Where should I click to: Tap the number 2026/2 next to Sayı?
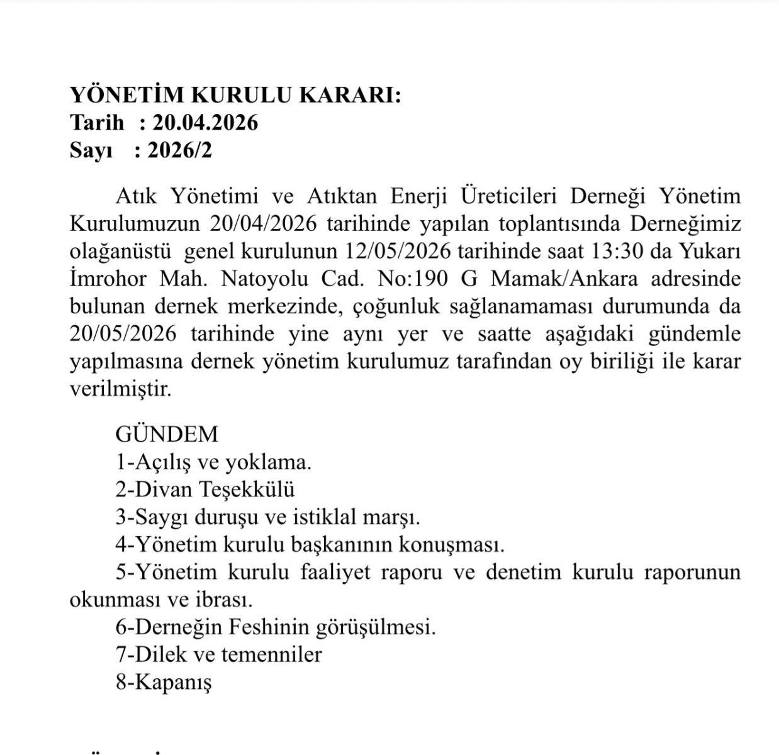point(180,150)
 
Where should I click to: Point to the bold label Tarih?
point(97,122)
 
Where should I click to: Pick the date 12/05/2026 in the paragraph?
point(398,251)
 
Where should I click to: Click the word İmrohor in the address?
point(108,279)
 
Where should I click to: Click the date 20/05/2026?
point(123,334)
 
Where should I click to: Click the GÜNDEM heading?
point(167,434)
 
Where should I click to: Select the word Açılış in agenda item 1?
point(164,462)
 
